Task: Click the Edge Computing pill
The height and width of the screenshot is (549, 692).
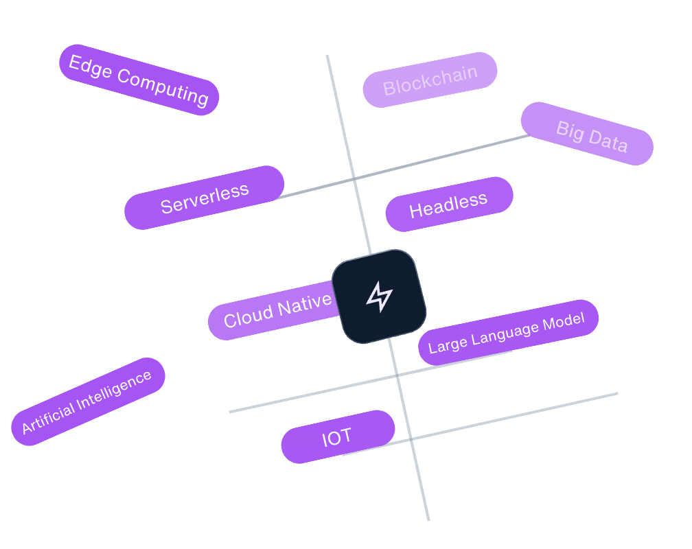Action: pyautogui.click(x=139, y=80)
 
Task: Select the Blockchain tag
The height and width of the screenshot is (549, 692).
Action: pyautogui.click(x=430, y=80)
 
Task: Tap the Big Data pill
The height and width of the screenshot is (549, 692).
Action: pyautogui.click(x=587, y=134)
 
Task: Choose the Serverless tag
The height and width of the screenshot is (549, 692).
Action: pyautogui.click(x=204, y=198)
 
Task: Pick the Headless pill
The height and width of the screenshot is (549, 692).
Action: pyautogui.click(x=449, y=205)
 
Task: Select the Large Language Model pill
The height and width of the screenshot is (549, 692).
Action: pyautogui.click(x=508, y=332)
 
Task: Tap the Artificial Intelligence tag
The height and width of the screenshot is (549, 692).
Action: pyautogui.click(x=88, y=401)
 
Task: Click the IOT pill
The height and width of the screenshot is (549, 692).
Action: pyautogui.click(x=338, y=436)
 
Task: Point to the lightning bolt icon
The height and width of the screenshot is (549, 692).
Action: pyautogui.click(x=379, y=296)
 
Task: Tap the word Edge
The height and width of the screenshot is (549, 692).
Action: pyautogui.click(x=90, y=67)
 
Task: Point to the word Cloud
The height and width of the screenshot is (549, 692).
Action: pyautogui.click(x=247, y=316)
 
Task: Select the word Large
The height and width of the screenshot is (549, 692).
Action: pyautogui.click(x=447, y=344)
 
